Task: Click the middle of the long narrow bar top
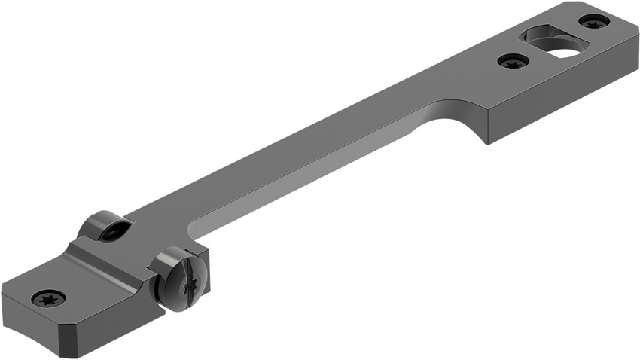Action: [x=301, y=158]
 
